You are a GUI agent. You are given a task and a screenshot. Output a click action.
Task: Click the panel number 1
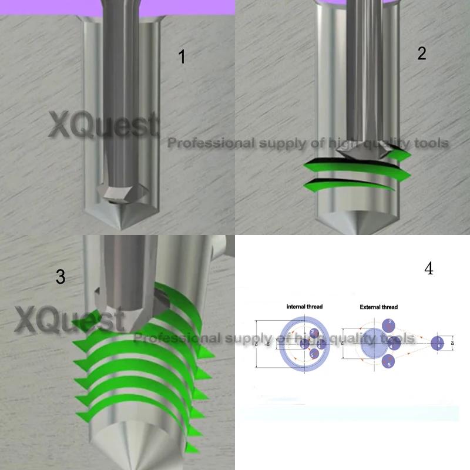[182, 57]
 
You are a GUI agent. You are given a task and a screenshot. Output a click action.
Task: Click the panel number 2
[421, 53]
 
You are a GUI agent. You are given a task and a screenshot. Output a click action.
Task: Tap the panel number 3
[61, 277]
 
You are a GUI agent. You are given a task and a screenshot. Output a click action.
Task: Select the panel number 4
[428, 269]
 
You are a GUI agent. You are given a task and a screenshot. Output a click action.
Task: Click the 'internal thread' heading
[304, 307]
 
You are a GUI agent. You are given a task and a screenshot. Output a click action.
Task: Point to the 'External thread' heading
[378, 307]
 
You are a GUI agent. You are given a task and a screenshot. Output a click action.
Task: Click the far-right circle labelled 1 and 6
[438, 343]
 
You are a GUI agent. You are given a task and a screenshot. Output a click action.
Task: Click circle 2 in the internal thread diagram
[314, 334]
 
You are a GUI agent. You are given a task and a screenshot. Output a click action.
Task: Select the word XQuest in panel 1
[103, 126]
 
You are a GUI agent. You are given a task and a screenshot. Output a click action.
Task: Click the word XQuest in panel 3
[69, 320]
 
